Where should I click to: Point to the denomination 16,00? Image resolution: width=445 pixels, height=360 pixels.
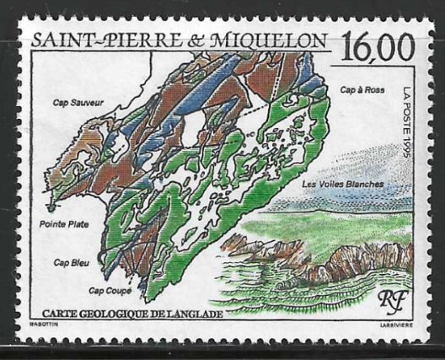377,44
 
